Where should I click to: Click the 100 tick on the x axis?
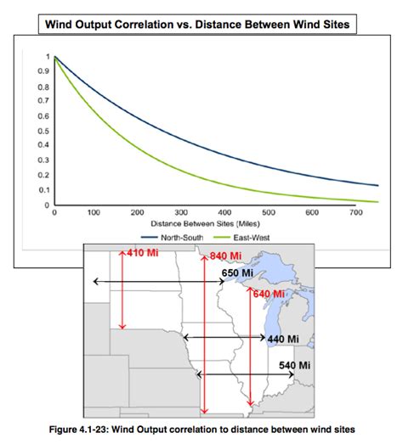[94, 212]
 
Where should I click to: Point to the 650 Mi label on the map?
[237, 273]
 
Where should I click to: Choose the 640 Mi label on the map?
[267, 294]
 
